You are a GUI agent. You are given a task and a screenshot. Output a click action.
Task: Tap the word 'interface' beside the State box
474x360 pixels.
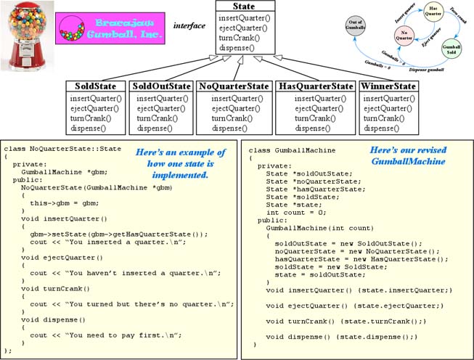pos(189,25)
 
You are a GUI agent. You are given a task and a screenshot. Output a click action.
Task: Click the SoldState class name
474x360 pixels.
pos(94,86)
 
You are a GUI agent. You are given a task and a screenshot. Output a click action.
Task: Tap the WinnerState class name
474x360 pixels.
pos(389,86)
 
